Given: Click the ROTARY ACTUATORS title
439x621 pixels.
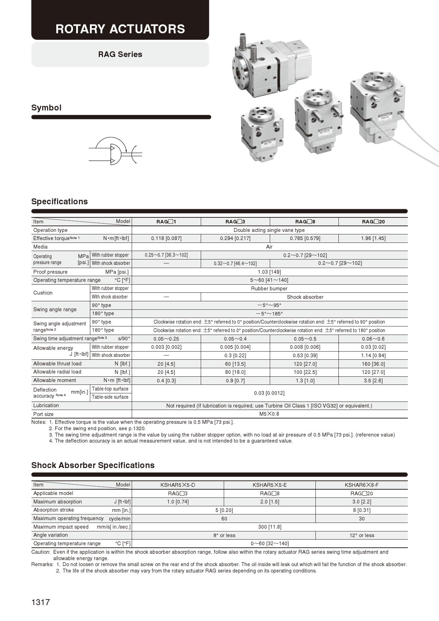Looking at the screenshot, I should pos(120,29).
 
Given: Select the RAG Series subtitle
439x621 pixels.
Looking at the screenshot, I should pos(120,54).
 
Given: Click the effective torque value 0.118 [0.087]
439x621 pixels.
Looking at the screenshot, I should pos(166,238).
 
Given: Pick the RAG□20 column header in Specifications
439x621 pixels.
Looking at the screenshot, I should pos(373,222).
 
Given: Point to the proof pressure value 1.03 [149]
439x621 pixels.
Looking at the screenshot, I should pos(269,272).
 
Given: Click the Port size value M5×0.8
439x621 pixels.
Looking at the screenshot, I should pos(269,414).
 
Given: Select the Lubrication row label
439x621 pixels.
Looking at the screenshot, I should pos(46,405).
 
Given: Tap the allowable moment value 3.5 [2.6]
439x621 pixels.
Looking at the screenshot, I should pos(373,381).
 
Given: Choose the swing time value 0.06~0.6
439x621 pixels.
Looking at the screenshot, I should pos(373,339).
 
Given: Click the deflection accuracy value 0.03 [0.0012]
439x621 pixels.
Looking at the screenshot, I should pos(269,393).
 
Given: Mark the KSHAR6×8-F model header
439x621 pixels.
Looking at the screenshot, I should pos(361,485).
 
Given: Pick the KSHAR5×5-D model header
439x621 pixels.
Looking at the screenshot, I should pos(178,485).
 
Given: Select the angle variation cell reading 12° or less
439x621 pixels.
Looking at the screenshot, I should pos(361,535).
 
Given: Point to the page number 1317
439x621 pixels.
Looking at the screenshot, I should pos(41,602).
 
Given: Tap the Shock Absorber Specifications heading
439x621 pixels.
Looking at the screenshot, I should pos(93,465).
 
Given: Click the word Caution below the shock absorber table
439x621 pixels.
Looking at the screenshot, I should pos(41,552).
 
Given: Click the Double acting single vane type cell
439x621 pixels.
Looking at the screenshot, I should pos(269,230).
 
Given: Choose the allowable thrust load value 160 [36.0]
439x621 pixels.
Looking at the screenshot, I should pos(373,364).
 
